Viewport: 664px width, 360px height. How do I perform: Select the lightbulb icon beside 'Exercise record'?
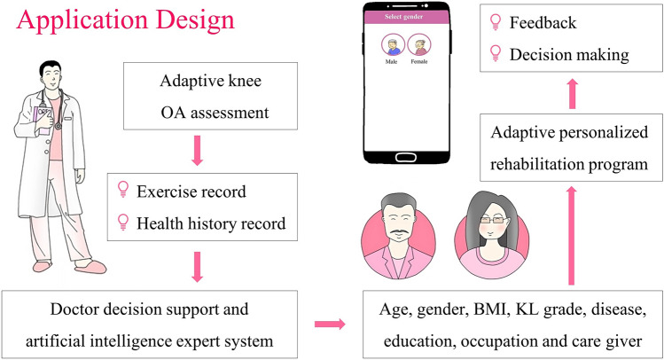123,189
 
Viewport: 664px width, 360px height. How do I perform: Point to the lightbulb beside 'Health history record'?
123,223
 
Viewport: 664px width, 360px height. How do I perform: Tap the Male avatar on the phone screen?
392,46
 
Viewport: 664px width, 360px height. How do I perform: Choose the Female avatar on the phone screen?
418,46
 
